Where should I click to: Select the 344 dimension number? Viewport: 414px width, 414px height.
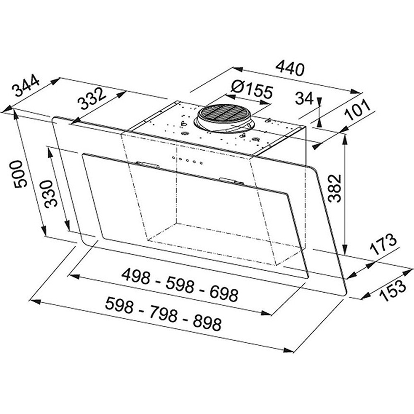[26, 86]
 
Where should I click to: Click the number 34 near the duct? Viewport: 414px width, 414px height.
[304, 98]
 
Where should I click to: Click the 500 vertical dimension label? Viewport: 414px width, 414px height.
[21, 174]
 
